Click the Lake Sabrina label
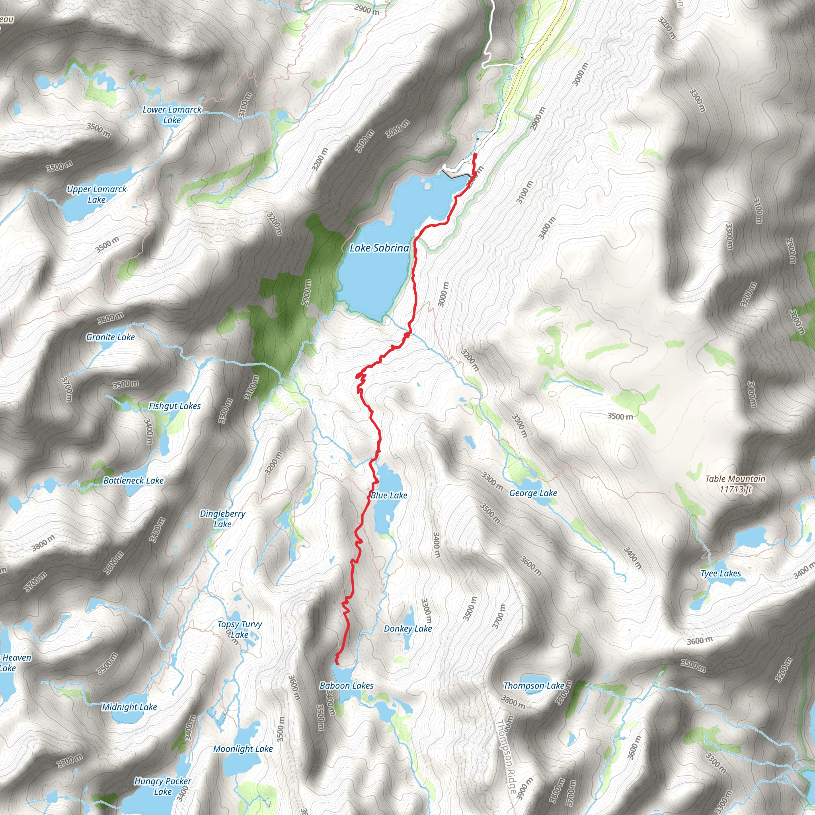(379, 248)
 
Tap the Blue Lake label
(388, 495)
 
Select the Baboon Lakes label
(346, 686)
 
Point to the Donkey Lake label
(407, 628)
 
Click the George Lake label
(533, 493)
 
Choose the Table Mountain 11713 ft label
(735, 484)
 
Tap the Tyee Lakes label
(721, 573)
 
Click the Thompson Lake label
(534, 686)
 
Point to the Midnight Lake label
(129, 707)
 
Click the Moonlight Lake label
(243, 749)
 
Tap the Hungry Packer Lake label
(163, 786)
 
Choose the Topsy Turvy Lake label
(240, 630)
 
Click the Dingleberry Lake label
(222, 519)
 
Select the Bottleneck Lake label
(133, 480)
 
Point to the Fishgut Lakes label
(175, 406)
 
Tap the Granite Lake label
(111, 337)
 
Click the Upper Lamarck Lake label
(97, 195)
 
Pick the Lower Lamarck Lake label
(172, 115)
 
